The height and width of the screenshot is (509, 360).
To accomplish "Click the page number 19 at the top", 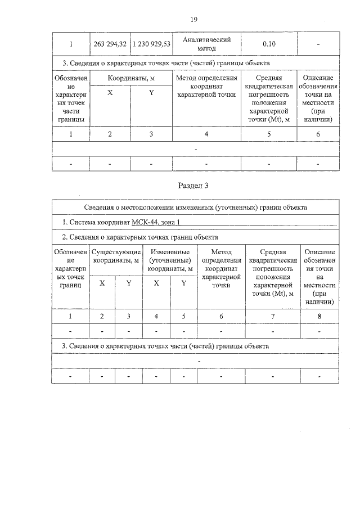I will click(x=193, y=20).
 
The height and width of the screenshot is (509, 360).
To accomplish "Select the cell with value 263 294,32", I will click(x=110, y=44).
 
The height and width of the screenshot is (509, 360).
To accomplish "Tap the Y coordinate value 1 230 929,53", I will click(x=151, y=44).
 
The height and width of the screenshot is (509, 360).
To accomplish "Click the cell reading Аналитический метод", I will click(x=206, y=44).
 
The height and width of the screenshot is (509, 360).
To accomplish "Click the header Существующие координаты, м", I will click(x=116, y=256).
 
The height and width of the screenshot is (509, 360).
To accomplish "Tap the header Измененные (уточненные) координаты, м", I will click(x=170, y=260).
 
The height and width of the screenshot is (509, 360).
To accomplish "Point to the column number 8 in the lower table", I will click(x=319, y=316).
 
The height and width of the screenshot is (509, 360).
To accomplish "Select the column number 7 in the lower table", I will click(x=273, y=316).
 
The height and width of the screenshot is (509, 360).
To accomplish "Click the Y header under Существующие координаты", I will click(x=129, y=283).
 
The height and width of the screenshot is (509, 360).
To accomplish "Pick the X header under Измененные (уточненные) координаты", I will click(x=157, y=283).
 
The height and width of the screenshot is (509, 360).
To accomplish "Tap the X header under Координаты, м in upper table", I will click(x=110, y=93).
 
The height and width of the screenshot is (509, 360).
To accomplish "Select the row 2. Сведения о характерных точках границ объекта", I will click(x=140, y=237).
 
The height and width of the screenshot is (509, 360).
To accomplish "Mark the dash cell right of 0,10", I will click(x=318, y=44).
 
